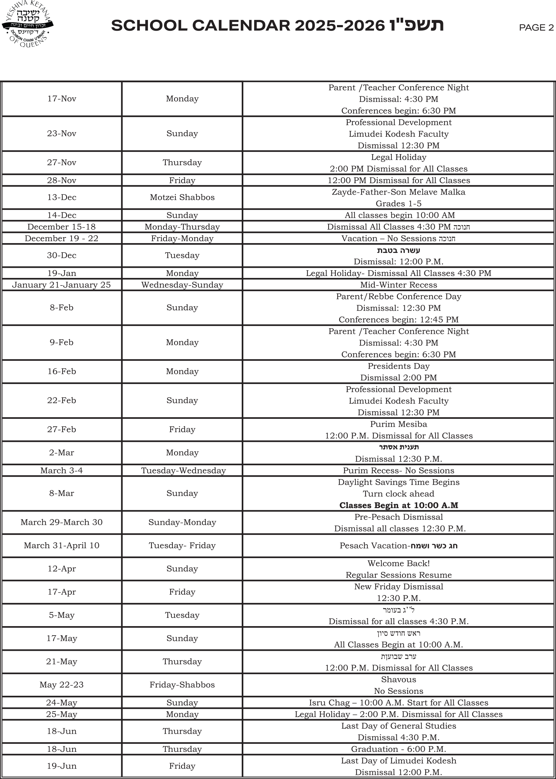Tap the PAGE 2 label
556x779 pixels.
coord(536,28)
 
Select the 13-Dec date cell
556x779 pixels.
coord(62,197)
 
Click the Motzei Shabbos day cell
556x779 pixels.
coord(182,197)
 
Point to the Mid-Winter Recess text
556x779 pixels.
coord(398,285)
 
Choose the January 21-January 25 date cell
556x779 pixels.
coord(62,285)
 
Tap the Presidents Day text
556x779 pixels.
coord(398,366)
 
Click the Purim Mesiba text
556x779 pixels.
coord(398,424)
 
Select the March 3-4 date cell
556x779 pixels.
coord(62,470)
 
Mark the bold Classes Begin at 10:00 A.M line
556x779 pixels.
coord(398,506)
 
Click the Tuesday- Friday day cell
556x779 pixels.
coord(182,545)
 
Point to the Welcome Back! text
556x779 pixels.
coord(398,563)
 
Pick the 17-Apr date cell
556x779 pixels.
coord(62,592)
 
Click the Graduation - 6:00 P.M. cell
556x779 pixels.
coord(398,749)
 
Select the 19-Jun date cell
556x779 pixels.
coord(62,766)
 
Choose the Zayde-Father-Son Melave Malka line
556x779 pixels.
coord(398,192)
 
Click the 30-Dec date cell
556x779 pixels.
coord(62,255)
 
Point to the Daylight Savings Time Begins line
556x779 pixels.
coord(398,482)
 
